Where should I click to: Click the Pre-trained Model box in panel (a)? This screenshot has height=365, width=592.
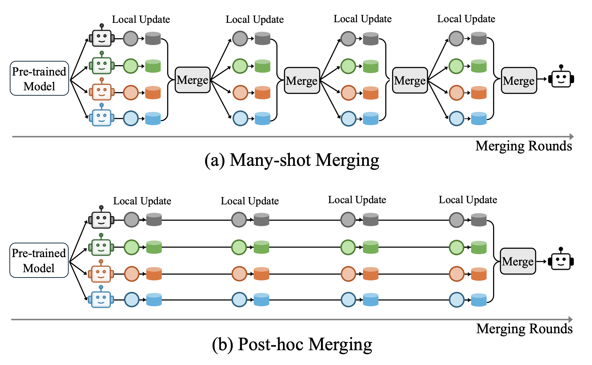click(39, 78)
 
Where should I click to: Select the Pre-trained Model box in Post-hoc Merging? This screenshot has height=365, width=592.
click(39, 260)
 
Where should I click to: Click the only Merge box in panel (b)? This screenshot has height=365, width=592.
click(518, 261)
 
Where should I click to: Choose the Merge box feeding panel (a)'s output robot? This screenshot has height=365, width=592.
click(519, 80)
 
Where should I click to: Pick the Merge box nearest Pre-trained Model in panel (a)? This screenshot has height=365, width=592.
click(193, 80)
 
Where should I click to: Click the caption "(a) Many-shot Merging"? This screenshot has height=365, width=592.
click(292, 160)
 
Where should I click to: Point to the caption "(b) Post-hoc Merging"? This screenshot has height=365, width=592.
click(292, 344)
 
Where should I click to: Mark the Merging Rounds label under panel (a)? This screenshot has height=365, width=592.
click(524, 146)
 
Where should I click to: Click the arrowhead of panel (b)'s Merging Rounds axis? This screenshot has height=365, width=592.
click(571, 319)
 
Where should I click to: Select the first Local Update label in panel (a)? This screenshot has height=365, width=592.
click(141, 19)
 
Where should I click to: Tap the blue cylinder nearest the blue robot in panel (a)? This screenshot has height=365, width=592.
click(153, 119)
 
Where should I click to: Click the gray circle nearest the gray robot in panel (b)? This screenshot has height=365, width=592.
click(132, 220)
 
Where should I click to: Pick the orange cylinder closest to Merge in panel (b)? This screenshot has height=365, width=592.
click(479, 274)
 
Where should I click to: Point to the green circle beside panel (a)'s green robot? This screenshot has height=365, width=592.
click(131, 66)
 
